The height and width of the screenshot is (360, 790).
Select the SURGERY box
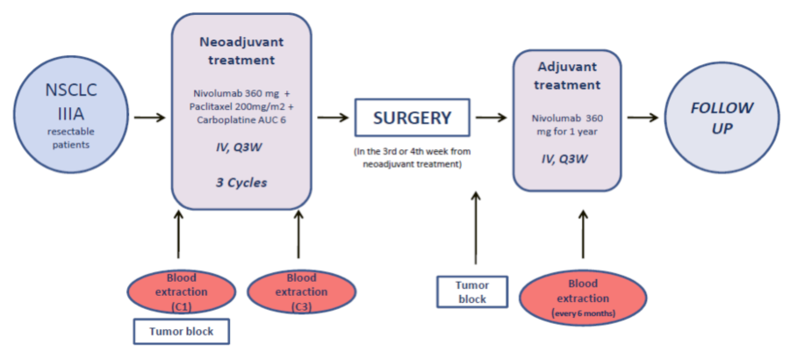413,118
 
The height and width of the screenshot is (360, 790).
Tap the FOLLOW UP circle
722,117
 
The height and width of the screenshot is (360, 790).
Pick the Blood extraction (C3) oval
300,292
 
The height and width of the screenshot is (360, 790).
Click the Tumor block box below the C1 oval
182,331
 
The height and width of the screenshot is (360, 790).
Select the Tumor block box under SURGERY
471,292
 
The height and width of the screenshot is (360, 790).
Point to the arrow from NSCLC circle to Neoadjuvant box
149,118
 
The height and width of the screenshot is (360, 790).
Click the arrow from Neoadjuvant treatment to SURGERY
333,118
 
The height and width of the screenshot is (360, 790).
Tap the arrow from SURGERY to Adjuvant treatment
492,118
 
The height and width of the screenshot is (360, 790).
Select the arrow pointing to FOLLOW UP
643,118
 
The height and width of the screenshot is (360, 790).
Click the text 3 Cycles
242,183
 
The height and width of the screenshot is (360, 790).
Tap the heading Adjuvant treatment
567,76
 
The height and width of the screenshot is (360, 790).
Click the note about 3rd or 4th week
413,157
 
